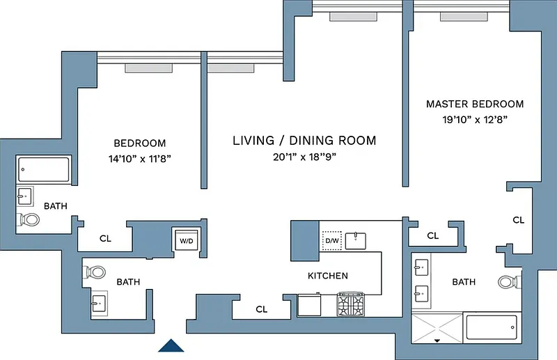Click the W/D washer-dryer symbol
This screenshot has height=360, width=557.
pos(187,241)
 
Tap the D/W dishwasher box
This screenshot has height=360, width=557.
pos(332,241)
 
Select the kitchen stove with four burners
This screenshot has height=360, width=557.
pos(351,304)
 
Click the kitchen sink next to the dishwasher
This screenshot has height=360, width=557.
pos(356,241)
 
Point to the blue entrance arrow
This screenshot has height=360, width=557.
pos(171,345)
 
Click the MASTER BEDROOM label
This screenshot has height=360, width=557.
pos(475,104)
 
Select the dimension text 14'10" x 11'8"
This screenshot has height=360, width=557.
pos(140,159)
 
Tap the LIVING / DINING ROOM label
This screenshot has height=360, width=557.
pos(304,141)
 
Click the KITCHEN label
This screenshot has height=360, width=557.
pos(328,276)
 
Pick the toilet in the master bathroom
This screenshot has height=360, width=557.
pos(510,282)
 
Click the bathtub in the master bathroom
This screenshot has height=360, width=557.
pos(492,327)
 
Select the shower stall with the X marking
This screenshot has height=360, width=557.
pos(437,329)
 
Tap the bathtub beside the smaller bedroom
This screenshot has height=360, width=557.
pos(44,169)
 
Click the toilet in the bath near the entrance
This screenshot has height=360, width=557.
pos(95,272)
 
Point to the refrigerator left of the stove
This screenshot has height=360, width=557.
pos(309,304)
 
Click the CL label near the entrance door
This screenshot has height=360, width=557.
pos(262,310)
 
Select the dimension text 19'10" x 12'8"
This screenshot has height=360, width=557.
pos(475,120)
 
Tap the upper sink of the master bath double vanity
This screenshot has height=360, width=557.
pos(422,267)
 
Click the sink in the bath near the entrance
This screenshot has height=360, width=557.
pos(99,304)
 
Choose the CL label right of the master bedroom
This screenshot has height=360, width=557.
pos(519,220)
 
